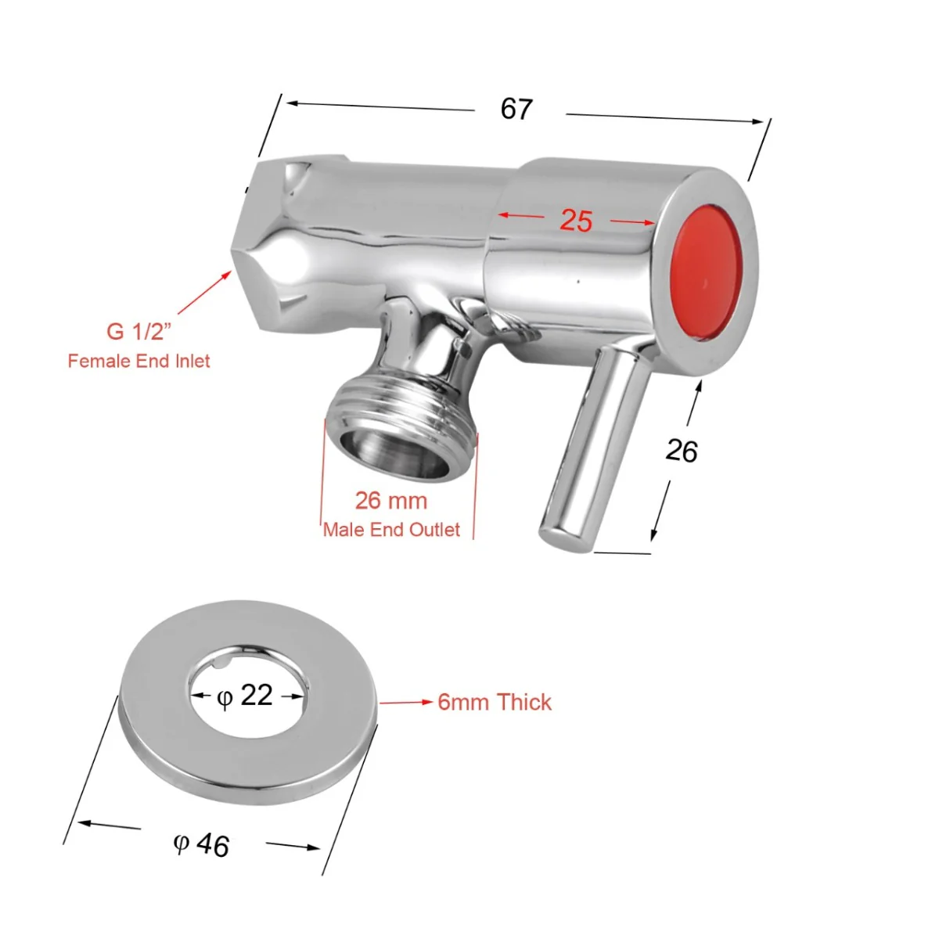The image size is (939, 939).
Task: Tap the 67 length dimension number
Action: (x=516, y=109)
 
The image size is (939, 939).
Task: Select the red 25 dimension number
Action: (x=576, y=221)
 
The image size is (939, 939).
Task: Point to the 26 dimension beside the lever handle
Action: (x=681, y=451)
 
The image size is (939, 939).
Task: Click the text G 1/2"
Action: (x=138, y=331)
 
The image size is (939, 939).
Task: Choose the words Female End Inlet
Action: (x=139, y=361)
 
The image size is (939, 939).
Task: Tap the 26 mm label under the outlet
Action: (x=391, y=500)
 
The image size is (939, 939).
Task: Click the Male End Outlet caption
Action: (x=391, y=530)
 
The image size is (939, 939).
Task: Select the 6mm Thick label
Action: (x=495, y=702)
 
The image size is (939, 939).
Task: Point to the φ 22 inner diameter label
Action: (x=245, y=695)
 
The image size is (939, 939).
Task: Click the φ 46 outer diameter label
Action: (x=202, y=844)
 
